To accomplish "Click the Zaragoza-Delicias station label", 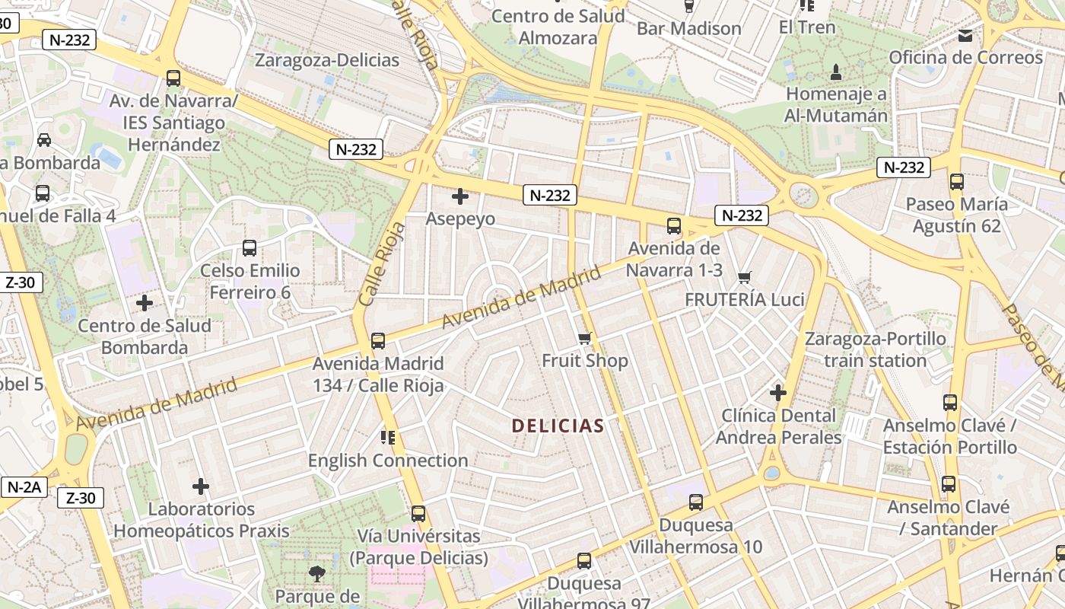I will [x=327, y=60].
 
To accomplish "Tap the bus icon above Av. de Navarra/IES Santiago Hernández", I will [x=173, y=78].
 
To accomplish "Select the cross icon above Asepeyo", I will [x=459, y=196].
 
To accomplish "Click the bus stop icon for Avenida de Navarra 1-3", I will [x=674, y=225].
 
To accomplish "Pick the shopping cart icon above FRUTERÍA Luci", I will [x=745, y=277].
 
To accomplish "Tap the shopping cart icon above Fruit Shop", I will [x=584, y=338].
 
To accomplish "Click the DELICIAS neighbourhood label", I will [x=558, y=426].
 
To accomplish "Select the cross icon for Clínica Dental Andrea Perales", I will [x=777, y=393].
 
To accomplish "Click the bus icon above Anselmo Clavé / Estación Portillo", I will [x=949, y=403].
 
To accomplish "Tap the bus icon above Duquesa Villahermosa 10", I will [x=695, y=502].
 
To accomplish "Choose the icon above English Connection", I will [x=388, y=437].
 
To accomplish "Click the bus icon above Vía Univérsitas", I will [x=418, y=513].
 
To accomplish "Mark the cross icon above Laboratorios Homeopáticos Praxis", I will [x=201, y=486].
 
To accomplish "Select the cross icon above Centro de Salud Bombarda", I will [x=145, y=303].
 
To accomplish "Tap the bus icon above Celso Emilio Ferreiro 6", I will [x=250, y=247].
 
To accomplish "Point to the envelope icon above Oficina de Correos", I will [x=965, y=35].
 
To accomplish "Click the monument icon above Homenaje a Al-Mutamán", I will [x=836, y=72].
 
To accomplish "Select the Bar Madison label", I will [x=688, y=29].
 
